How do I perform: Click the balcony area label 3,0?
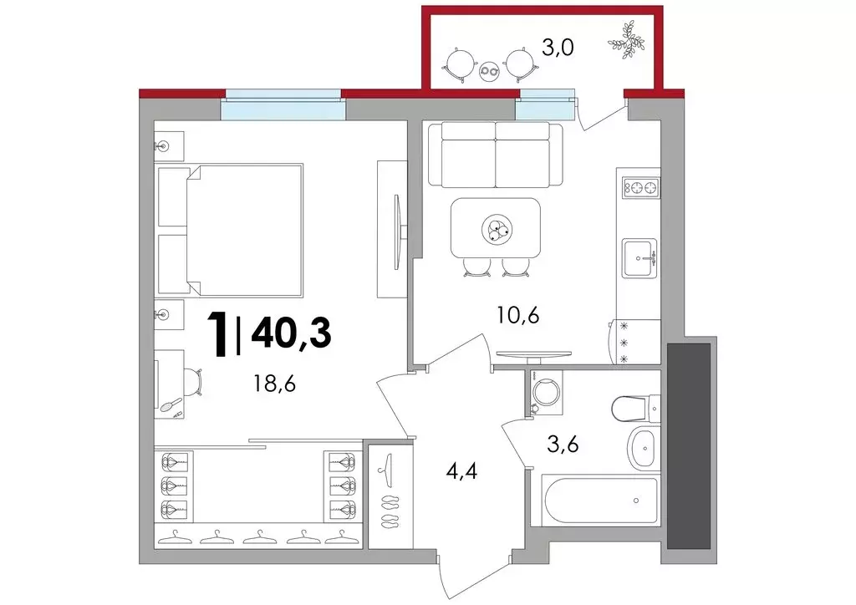(x=557, y=48)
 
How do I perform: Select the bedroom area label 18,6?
(x=274, y=384)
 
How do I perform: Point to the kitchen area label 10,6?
(x=518, y=314)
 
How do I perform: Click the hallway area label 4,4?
(x=461, y=470)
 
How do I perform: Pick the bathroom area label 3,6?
(x=563, y=444)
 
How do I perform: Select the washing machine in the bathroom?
(x=541, y=392)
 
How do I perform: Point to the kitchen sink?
(x=639, y=257)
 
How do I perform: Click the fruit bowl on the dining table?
(x=497, y=227)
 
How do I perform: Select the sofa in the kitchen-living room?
(x=495, y=155)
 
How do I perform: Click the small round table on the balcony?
(x=489, y=71)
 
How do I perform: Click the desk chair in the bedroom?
(x=193, y=380)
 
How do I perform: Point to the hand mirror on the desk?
(x=171, y=404)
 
